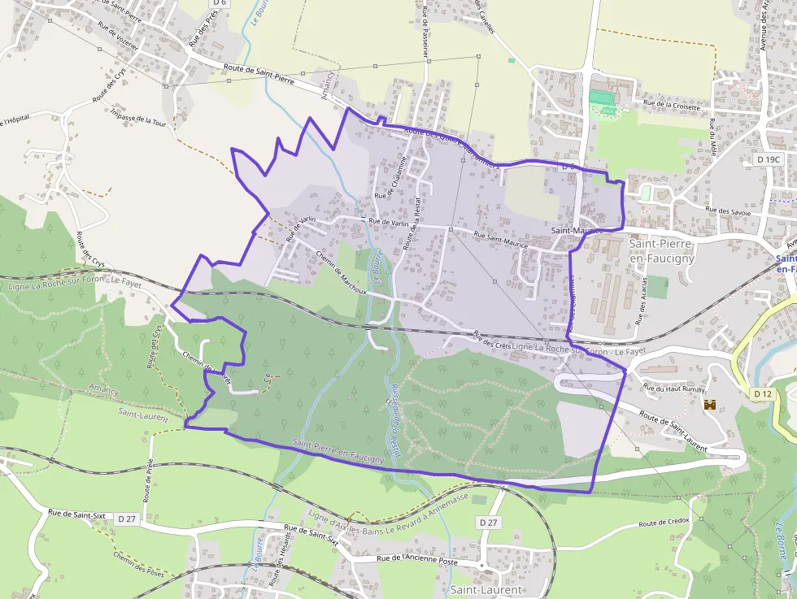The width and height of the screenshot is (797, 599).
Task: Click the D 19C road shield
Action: click(768, 160)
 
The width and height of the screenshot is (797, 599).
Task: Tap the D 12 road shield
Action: click(762, 394)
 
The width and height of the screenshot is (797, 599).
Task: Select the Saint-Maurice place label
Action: click(578, 231)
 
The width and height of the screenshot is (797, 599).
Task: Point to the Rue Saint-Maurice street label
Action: click(500, 240)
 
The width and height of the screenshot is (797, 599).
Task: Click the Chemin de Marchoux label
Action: click(341, 272)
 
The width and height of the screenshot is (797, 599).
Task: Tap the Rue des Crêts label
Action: click(492, 340)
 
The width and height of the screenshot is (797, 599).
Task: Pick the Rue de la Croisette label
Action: click(672, 103)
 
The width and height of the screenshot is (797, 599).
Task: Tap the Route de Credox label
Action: click(664, 522)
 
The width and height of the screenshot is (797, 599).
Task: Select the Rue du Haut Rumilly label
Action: click(673, 388)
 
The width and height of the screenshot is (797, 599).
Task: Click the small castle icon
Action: click(710, 404)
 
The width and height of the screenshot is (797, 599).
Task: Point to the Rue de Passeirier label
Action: click(425, 33)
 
